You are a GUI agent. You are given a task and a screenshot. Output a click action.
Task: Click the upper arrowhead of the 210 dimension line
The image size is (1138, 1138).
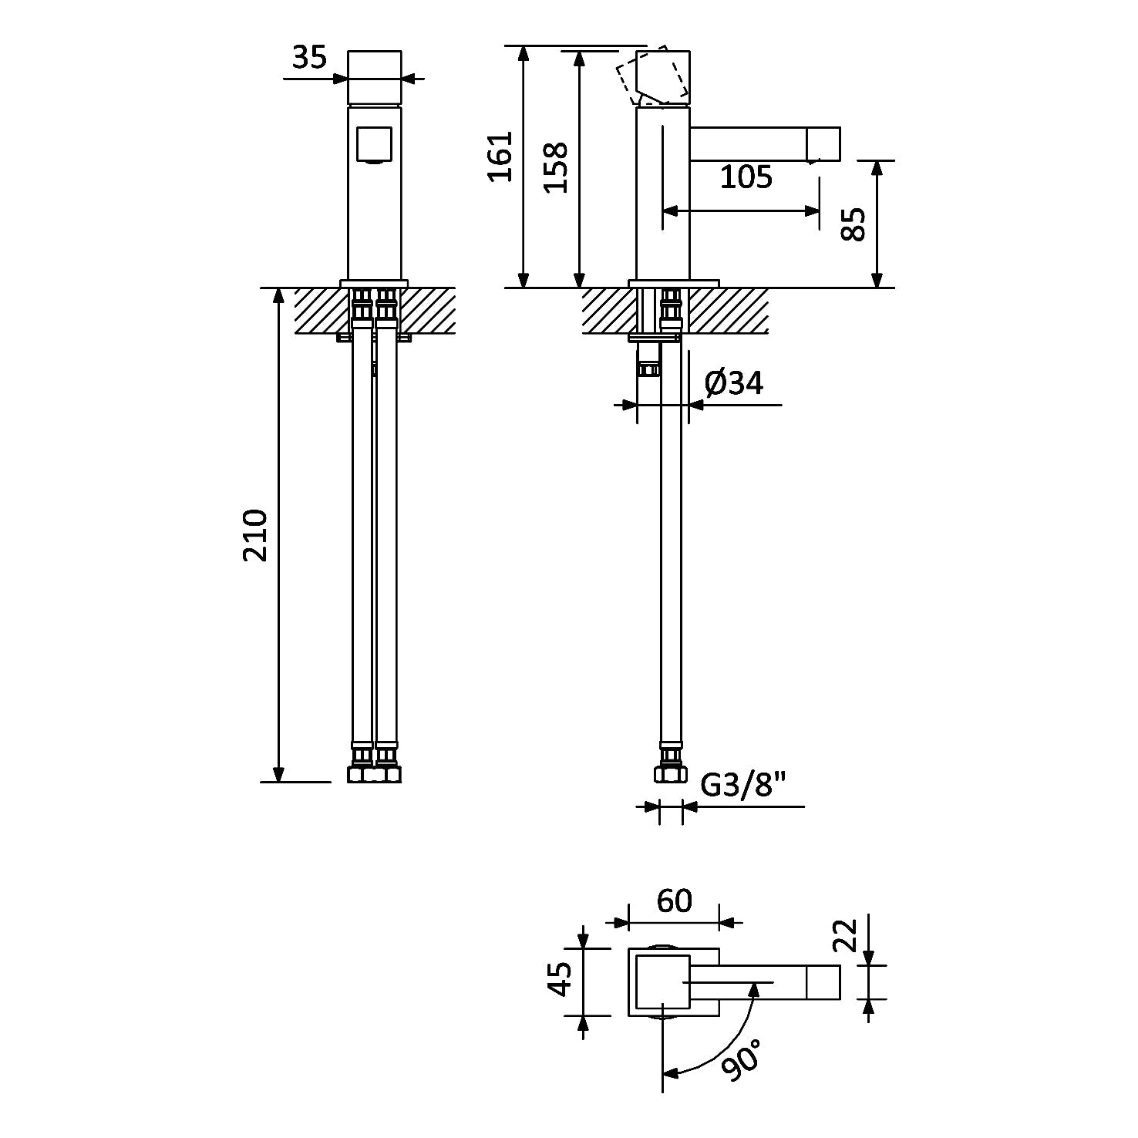[x=279, y=297]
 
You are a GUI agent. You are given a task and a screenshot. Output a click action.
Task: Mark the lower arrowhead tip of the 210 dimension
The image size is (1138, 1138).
[x=279, y=781]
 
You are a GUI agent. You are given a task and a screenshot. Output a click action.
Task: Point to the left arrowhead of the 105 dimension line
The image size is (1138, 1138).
[x=670, y=210]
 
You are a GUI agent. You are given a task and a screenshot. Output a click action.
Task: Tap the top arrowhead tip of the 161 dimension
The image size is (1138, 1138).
[x=524, y=46]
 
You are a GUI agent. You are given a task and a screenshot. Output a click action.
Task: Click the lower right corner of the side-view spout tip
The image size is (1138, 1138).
[x=840, y=160]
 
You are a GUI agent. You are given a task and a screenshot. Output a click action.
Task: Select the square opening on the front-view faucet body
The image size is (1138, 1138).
[x=375, y=144]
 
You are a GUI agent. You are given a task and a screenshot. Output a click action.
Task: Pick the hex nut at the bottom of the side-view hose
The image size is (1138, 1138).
[x=671, y=774]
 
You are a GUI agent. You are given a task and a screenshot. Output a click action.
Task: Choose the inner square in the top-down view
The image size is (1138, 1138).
[x=662, y=981]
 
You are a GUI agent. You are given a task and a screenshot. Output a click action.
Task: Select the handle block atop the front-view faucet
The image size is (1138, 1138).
[x=375, y=77]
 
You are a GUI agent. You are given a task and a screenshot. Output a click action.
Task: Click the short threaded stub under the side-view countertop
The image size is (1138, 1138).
[x=649, y=359]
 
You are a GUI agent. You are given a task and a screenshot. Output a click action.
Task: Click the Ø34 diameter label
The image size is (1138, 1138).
[x=734, y=382]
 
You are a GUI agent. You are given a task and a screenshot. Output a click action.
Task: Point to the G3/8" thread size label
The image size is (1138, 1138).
[x=743, y=786]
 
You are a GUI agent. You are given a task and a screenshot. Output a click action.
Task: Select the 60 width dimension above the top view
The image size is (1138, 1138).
[x=675, y=901]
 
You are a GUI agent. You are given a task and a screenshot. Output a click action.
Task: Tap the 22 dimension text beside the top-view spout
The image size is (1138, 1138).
[x=847, y=935]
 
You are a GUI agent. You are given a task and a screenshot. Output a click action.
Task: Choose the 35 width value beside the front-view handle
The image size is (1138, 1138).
[x=310, y=57]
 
